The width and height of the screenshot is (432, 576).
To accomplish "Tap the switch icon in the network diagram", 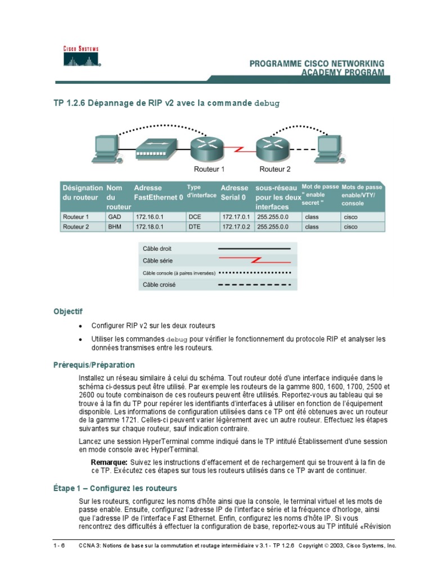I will coord(153,148).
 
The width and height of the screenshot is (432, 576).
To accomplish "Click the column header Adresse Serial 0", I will coord(235,192).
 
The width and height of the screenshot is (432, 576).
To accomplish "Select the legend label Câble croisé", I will coord(159,285).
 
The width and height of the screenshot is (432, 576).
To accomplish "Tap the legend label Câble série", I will coord(158,260).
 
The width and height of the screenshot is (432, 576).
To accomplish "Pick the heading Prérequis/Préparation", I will coord(94,364).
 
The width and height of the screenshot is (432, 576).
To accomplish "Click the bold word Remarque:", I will coord(109,462).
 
